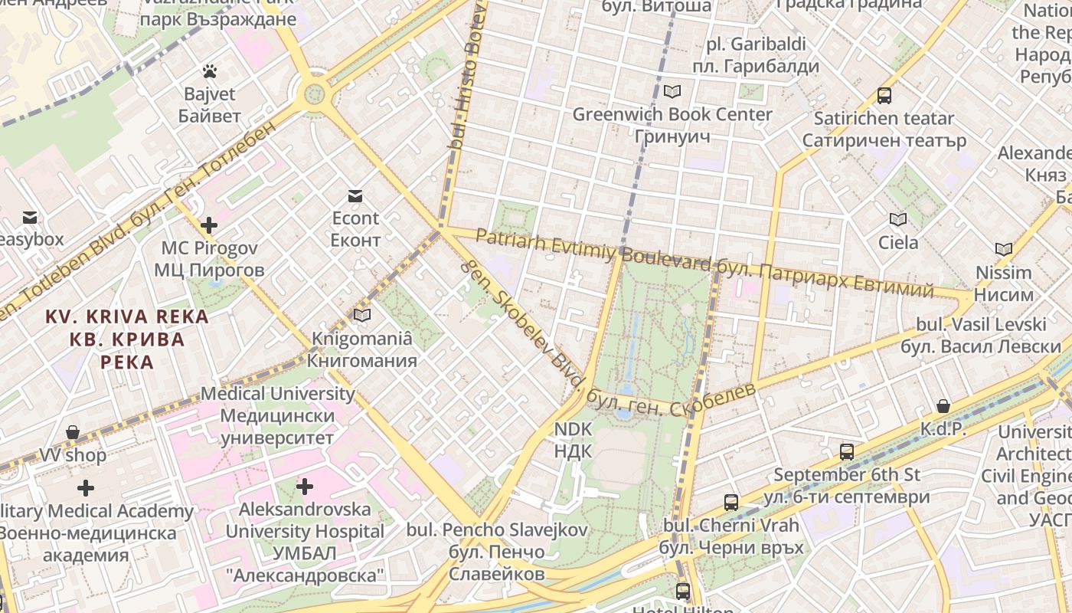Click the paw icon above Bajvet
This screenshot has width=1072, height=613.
pyautogui.click(x=210, y=71)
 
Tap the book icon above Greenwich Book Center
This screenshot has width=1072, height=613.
pyautogui.click(x=672, y=92)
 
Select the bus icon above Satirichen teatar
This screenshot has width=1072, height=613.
pyautogui.click(x=884, y=96)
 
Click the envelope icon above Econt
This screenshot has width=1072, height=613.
pyautogui.click(x=355, y=196)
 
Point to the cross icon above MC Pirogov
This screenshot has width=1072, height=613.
pyautogui.click(x=208, y=225)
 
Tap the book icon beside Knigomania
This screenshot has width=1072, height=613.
pyautogui.click(x=361, y=315)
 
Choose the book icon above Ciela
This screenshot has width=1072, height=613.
pyautogui.click(x=898, y=220)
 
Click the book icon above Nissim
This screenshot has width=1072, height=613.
pyautogui.click(x=1004, y=249)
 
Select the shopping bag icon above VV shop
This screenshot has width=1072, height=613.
pyautogui.click(x=73, y=432)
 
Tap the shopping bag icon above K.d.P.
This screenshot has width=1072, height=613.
pyautogui.click(x=943, y=406)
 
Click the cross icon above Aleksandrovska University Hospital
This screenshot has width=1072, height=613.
pyautogui.click(x=305, y=486)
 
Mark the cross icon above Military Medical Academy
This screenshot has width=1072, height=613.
pyautogui.click(x=86, y=487)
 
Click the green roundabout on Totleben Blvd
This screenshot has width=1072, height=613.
pyautogui.click(x=315, y=94)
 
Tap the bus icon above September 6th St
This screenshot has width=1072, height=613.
pyautogui.click(x=846, y=452)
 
